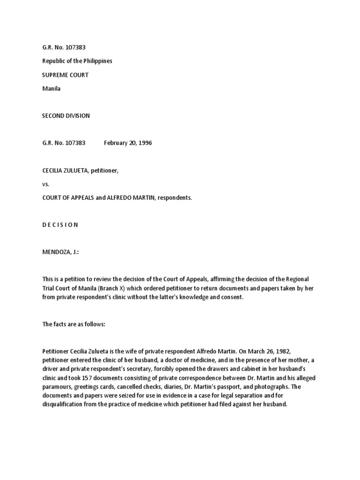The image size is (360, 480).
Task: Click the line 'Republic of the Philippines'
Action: [77, 61]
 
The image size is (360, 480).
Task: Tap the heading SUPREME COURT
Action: [66, 75]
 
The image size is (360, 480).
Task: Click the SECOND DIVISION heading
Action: [66, 116]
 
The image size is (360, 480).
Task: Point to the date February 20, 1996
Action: [128, 143]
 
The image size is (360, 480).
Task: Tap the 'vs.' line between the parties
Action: [46, 184]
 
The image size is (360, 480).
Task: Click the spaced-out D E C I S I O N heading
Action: [60, 225]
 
